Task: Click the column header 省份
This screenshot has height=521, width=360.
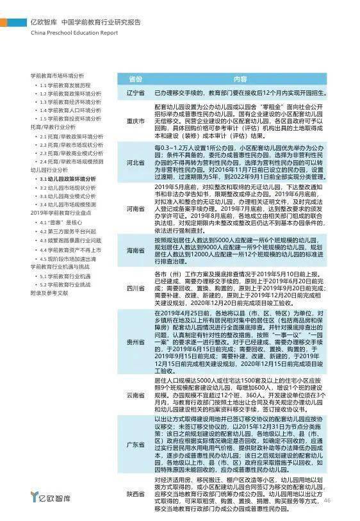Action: coord(135,79)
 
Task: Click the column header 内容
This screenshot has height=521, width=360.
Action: coord(240,79)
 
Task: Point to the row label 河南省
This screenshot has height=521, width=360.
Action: coord(135,208)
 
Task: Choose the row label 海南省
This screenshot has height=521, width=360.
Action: coord(135,250)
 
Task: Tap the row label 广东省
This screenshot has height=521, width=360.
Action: coord(135,443)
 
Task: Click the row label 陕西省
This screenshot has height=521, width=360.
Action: coord(135,493)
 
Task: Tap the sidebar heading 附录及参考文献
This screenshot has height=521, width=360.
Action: coord(49,292)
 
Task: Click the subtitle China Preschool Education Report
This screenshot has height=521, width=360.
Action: coord(74,32)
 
